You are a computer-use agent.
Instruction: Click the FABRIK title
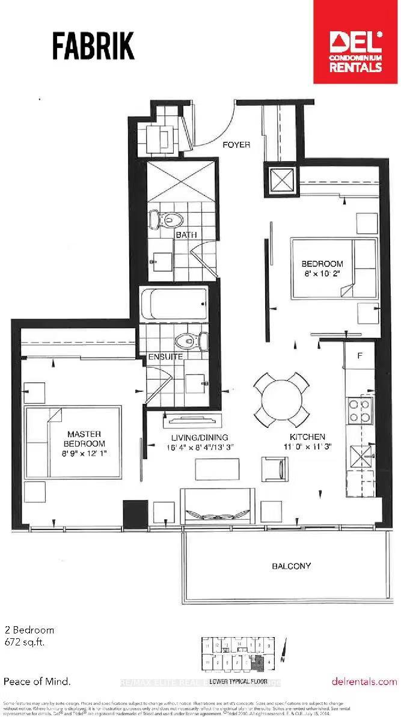(93, 46)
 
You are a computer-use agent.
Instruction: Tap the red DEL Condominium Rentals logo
(355, 50)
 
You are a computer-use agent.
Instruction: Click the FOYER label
(236, 145)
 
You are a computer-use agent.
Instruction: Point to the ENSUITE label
(166, 357)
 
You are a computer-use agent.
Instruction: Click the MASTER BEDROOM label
(84, 439)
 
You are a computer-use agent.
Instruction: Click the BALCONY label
(291, 566)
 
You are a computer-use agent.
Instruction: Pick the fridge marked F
(359, 356)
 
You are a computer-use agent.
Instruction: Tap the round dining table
(282, 397)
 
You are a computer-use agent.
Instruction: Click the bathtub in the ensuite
(174, 305)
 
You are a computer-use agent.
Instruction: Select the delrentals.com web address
(364, 681)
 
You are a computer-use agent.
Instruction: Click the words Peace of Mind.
(37, 682)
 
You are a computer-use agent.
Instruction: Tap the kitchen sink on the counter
(360, 460)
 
